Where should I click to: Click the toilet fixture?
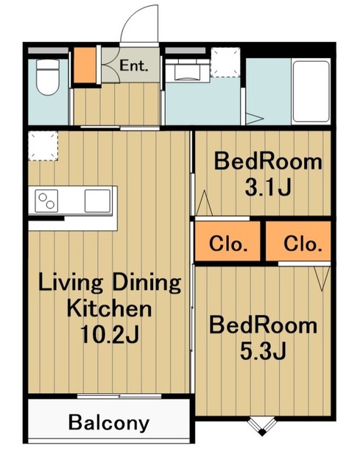pyautogui.click(x=47, y=77)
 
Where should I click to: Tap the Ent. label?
pyautogui.click(x=134, y=65)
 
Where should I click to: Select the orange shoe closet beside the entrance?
pyautogui.click(x=85, y=65)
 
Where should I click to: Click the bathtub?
pyautogui.click(x=311, y=91)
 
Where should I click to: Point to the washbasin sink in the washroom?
pyautogui.click(x=187, y=71)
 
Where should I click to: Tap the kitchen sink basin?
pyautogui.click(x=98, y=201)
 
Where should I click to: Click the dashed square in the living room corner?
pyautogui.click(x=43, y=146)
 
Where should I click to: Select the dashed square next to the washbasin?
pyautogui.click(x=225, y=62)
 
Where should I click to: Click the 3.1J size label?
pyautogui.click(x=268, y=188)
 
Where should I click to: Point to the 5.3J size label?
pyautogui.click(x=263, y=352)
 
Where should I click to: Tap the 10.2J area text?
pyautogui.click(x=110, y=335)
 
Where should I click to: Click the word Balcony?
pyautogui.click(x=109, y=422)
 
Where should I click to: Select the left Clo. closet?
pyautogui.click(x=227, y=241)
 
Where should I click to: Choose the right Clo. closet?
pyautogui.click(x=298, y=241)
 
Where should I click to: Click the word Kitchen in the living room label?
pyautogui.click(x=110, y=308)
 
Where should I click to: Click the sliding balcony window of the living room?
pyautogui.click(x=119, y=396)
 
